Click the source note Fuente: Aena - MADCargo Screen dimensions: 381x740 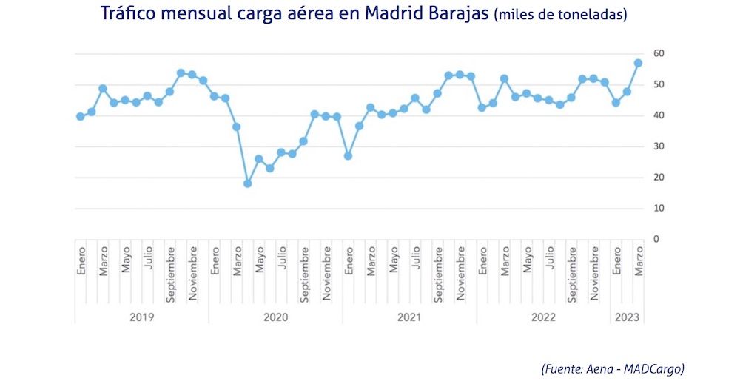pyautogui.click(x=612, y=368)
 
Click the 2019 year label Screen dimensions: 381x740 pyautogui.click(x=141, y=317)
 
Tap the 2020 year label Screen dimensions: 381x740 pyautogui.click(x=275, y=317)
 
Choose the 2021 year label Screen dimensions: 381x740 pyautogui.click(x=409, y=317)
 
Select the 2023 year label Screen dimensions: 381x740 pyautogui.click(x=627, y=317)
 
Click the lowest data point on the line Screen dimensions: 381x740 pyautogui.click(x=248, y=183)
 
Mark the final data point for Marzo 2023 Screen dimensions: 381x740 pyautogui.click(x=638, y=63)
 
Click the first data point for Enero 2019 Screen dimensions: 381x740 pyautogui.click(x=81, y=116)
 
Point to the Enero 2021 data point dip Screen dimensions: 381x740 pyautogui.click(x=348, y=156)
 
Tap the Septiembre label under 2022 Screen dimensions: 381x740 pyautogui.click(x=572, y=274)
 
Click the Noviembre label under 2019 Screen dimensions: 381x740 pyautogui.click(x=192, y=273)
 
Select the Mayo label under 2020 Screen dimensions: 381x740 pyautogui.click(x=259, y=264)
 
